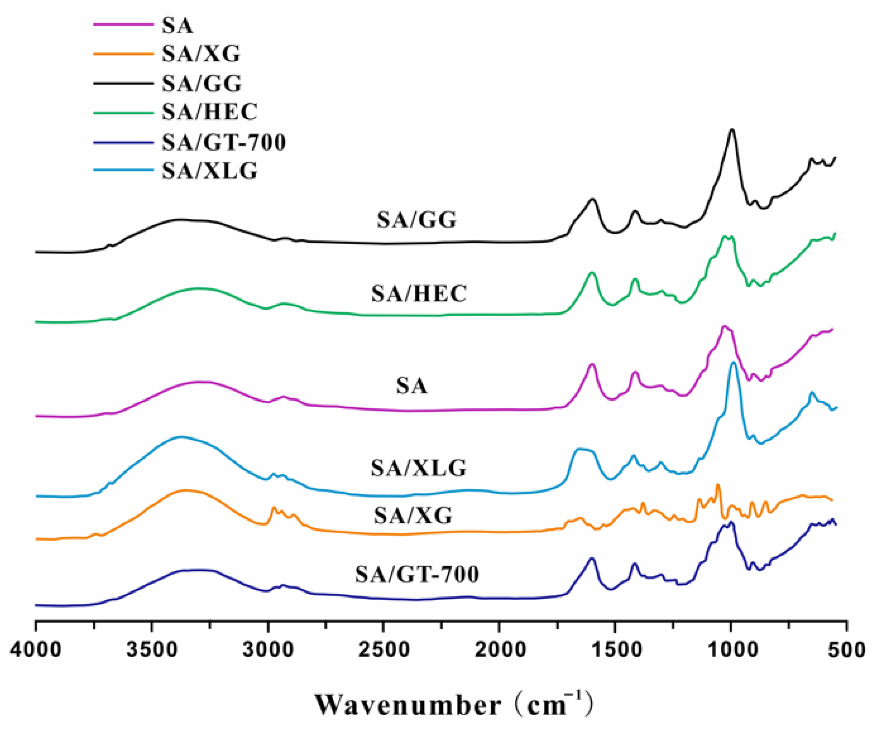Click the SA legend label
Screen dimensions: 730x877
178,25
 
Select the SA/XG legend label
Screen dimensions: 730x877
201,54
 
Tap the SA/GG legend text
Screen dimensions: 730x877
202,83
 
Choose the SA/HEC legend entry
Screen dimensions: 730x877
210,112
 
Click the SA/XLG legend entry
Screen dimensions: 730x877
210,171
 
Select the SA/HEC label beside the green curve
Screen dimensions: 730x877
419,293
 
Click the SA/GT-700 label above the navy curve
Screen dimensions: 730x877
417,574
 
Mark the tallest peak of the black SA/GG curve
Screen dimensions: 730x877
732,130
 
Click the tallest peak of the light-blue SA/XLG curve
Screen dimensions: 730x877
733,363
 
